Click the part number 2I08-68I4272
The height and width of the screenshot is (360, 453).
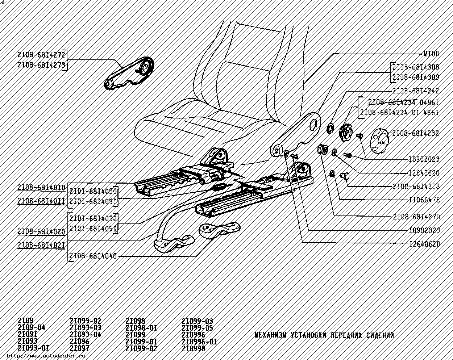(41, 55)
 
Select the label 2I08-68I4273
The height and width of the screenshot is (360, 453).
(41, 65)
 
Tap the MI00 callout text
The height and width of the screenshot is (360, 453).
(431, 54)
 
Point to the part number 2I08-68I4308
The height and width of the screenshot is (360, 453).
(416, 67)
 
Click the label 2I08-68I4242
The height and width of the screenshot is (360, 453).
(415, 91)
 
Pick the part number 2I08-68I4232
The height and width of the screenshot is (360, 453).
(415, 133)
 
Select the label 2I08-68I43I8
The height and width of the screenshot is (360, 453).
(416, 187)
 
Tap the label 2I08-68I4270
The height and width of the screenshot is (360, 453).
(416, 217)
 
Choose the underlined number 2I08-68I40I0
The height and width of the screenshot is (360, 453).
(41, 188)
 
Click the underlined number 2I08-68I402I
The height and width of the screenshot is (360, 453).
(41, 245)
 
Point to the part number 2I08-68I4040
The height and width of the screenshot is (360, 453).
(93, 256)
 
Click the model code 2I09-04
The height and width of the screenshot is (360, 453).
(31, 327)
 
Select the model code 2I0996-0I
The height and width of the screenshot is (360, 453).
(199, 342)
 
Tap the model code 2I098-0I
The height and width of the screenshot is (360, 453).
(141, 328)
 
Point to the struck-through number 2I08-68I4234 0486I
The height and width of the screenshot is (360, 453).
(403, 102)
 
